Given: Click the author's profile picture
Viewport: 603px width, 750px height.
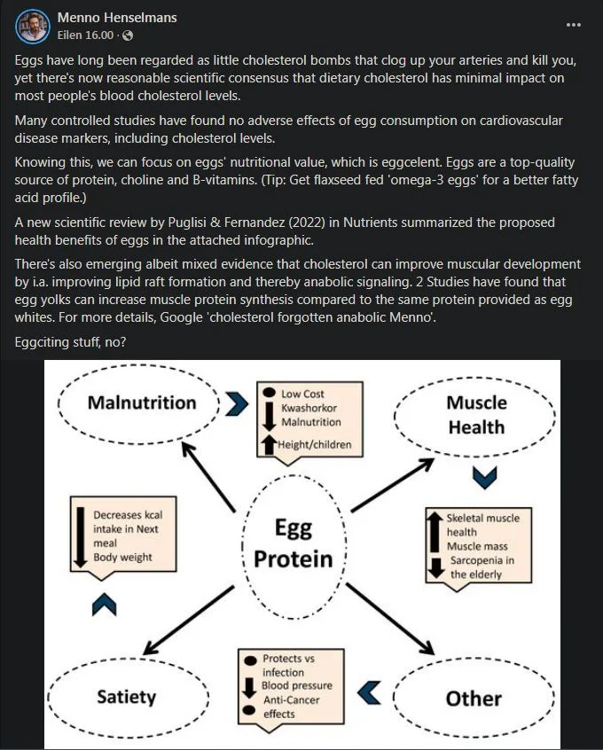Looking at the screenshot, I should (x=32, y=26).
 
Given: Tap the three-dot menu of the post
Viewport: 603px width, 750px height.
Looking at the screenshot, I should (x=574, y=25).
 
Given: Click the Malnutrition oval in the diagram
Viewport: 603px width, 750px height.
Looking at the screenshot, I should (x=141, y=403).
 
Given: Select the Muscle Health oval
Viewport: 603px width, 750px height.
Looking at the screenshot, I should (x=476, y=415).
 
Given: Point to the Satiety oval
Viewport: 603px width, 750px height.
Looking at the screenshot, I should (x=126, y=697).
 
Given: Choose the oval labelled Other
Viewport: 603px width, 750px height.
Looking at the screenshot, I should (x=474, y=699).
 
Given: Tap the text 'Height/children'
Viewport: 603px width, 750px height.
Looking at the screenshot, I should (x=315, y=444).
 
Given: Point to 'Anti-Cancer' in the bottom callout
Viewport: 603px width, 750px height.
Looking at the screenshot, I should (x=290, y=699).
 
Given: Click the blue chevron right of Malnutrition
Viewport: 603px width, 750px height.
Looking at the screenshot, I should (x=235, y=404).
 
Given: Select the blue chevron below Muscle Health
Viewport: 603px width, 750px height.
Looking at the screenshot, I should (x=483, y=477).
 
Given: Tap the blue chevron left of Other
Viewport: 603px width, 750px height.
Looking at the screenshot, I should (x=372, y=688).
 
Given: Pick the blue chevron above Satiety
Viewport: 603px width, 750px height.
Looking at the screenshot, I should (x=105, y=605).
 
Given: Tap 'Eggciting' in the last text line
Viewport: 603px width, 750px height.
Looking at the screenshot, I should (x=45, y=341).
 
